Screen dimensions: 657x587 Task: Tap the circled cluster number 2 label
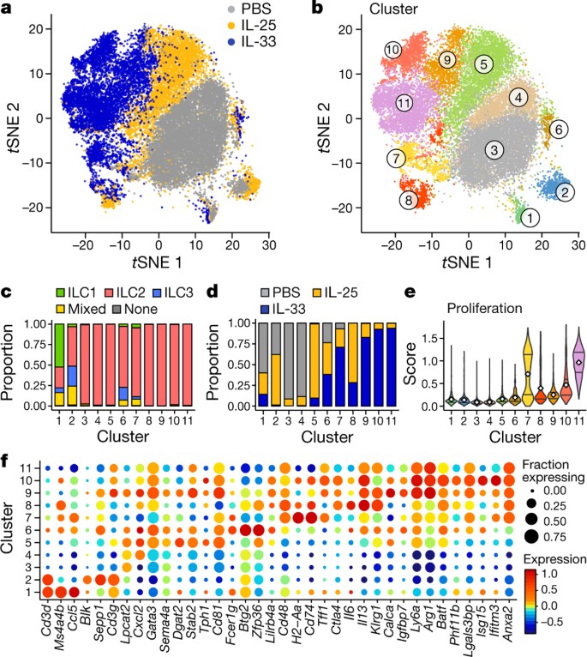click(565, 192)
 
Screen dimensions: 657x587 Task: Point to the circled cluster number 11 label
click(404, 103)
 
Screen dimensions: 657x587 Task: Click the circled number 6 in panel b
click(558, 130)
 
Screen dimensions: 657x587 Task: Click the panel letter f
click(8, 434)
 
